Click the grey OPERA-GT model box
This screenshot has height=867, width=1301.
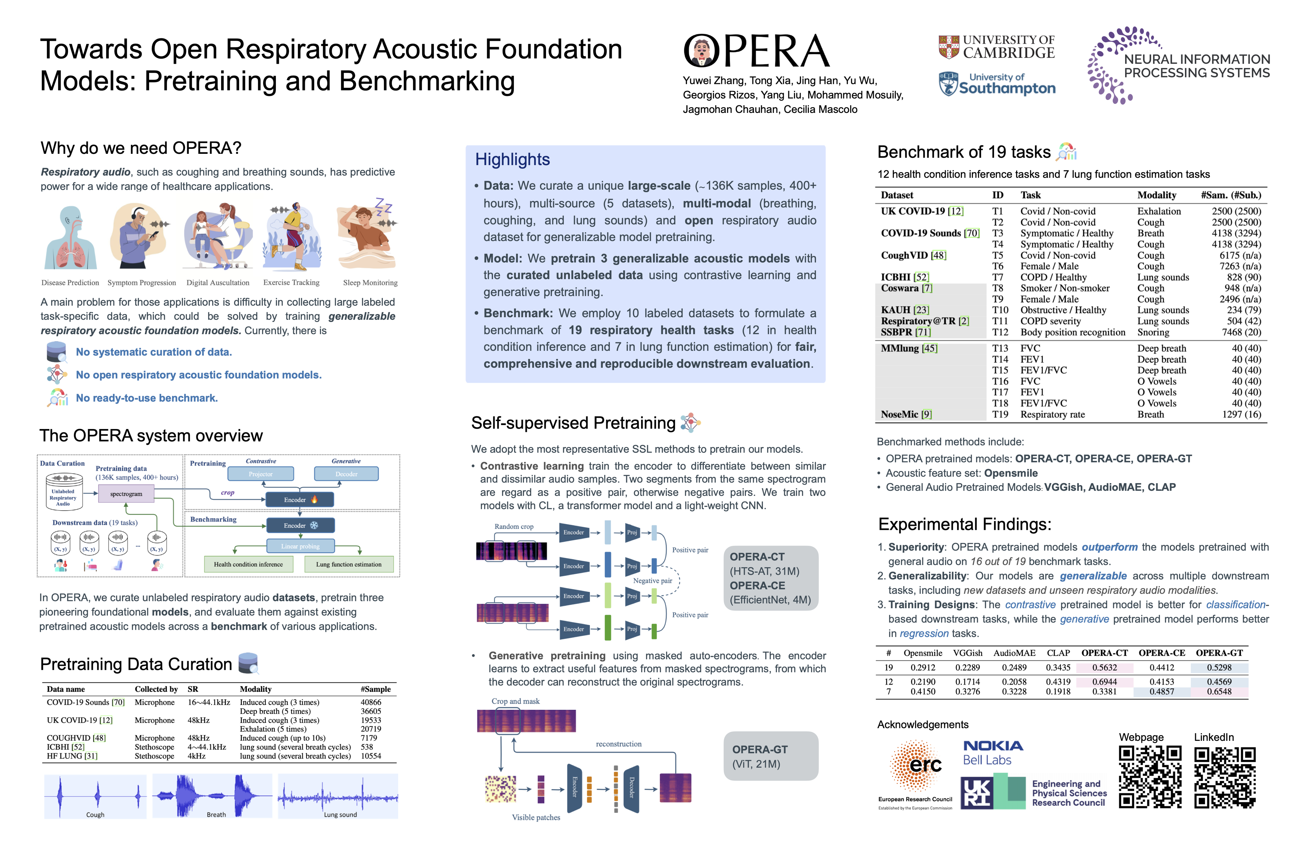(x=771, y=756)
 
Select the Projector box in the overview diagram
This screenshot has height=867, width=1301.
(x=261, y=474)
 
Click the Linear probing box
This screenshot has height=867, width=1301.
(x=300, y=546)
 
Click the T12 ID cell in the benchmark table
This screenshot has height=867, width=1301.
(x=1000, y=332)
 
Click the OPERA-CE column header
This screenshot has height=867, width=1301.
(x=1162, y=653)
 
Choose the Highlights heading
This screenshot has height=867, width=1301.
(x=512, y=160)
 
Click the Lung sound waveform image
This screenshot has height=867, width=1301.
(x=338, y=796)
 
